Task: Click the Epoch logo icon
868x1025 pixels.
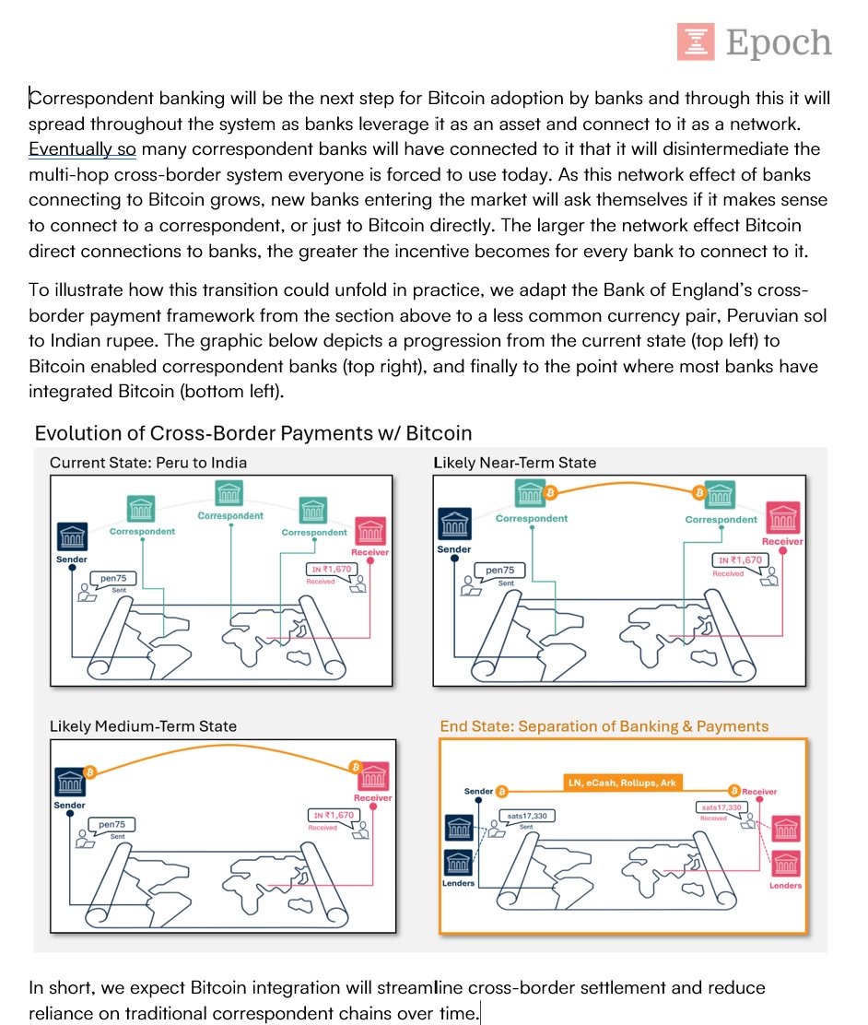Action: tap(696, 42)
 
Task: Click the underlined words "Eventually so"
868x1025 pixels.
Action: tap(82, 148)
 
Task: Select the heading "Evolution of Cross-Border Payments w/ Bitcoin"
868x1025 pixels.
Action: tap(252, 432)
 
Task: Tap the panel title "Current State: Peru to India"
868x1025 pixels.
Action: tap(148, 463)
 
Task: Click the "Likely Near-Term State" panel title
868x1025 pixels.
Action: tap(515, 463)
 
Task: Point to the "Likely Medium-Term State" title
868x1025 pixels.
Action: tap(143, 726)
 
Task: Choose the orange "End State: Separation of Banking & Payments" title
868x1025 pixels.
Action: tap(604, 726)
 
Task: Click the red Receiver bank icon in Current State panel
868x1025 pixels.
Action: tap(370, 531)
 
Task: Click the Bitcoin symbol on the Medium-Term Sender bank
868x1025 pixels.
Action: tap(90, 772)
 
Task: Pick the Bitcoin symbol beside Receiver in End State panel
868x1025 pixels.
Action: tap(734, 790)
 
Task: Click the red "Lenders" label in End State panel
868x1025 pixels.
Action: tap(785, 885)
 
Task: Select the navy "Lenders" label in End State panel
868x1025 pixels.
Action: tap(458, 883)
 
